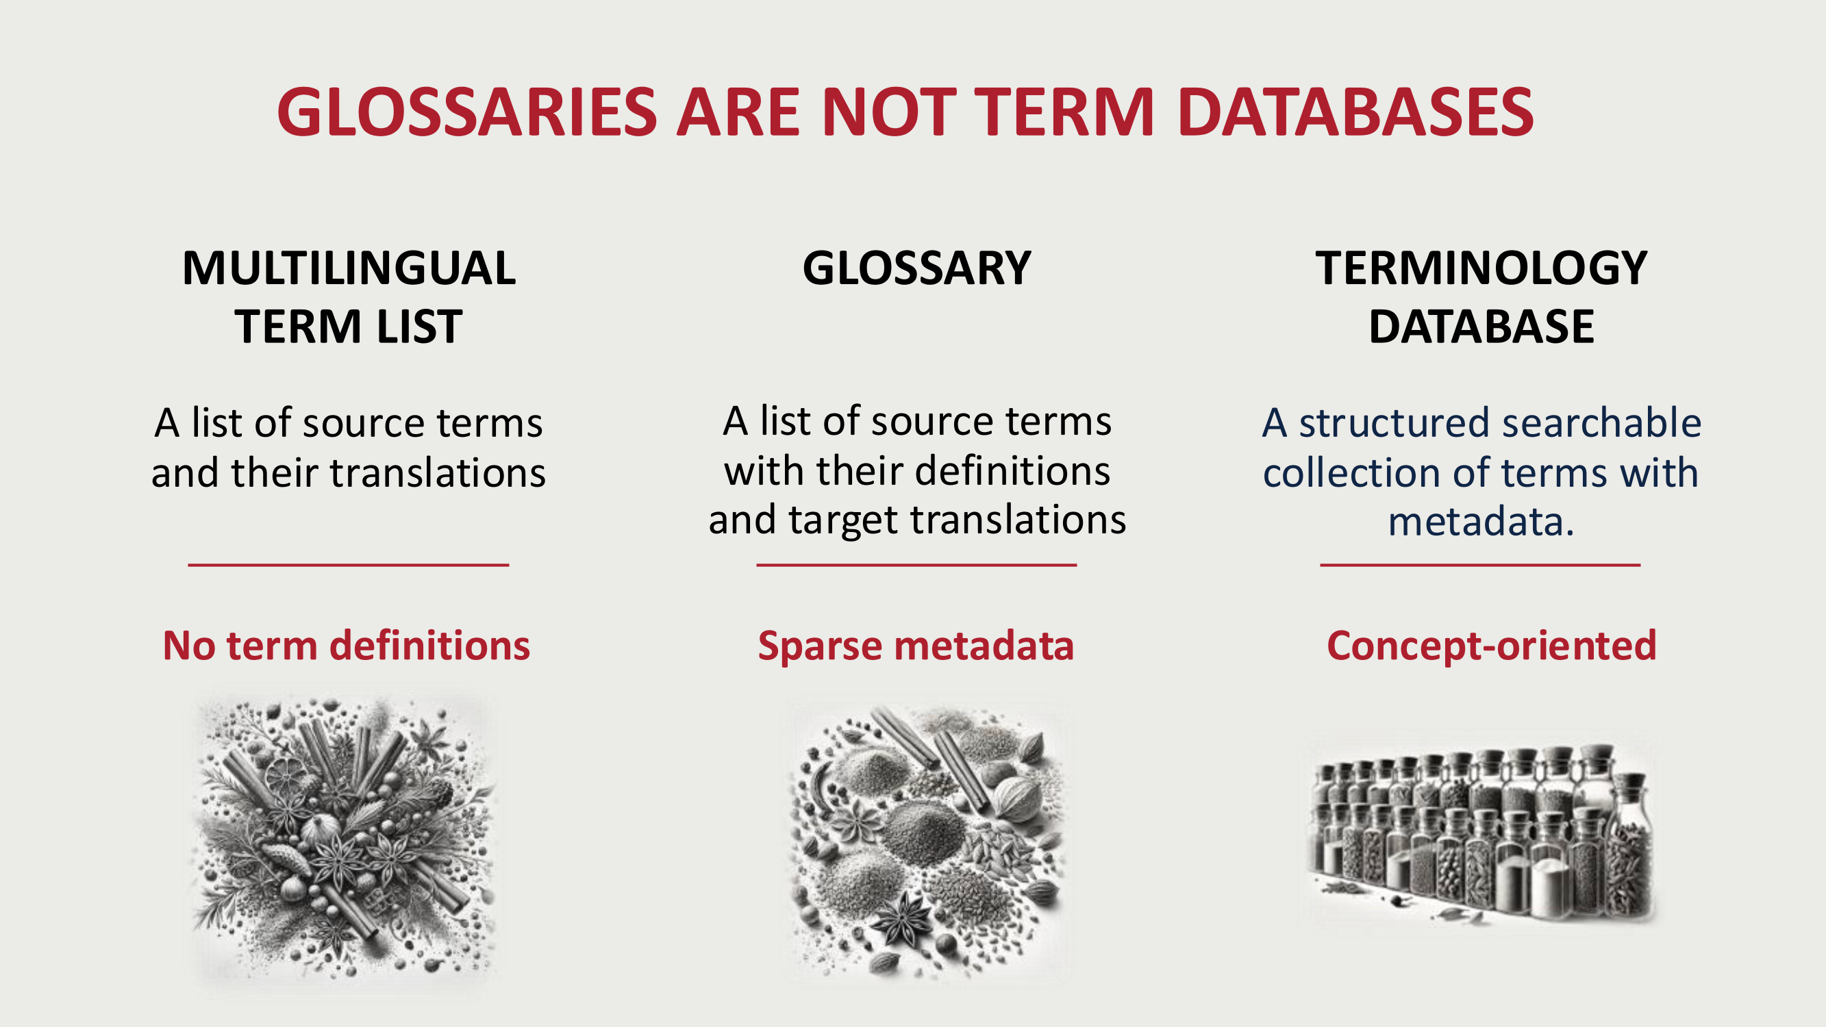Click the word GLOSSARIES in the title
point(467,112)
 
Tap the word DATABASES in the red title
point(1355,112)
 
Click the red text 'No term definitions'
point(347,645)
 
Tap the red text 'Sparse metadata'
point(916,645)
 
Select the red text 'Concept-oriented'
point(1492,646)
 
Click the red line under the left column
point(349,565)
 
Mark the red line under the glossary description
point(916,565)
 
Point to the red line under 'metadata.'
point(1480,565)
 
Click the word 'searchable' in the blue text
point(1602,422)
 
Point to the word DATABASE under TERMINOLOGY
point(1481,327)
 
